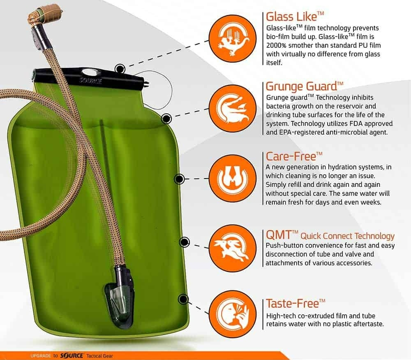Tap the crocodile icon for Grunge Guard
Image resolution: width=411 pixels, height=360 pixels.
(x=233, y=109)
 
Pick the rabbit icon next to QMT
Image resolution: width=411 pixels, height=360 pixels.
(x=233, y=248)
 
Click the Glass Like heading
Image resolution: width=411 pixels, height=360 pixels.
(x=295, y=16)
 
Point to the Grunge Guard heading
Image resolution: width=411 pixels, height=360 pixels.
(x=305, y=86)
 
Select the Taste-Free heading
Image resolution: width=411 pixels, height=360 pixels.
(x=296, y=303)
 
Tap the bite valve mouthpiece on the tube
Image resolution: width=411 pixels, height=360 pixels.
(x=48, y=14)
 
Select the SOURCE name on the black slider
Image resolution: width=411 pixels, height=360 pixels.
(x=91, y=80)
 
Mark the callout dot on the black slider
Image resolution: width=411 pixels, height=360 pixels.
(x=120, y=69)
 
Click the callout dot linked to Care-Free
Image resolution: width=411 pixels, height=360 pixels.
(x=179, y=179)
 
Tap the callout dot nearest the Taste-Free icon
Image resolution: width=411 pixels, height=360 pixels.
(x=183, y=299)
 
